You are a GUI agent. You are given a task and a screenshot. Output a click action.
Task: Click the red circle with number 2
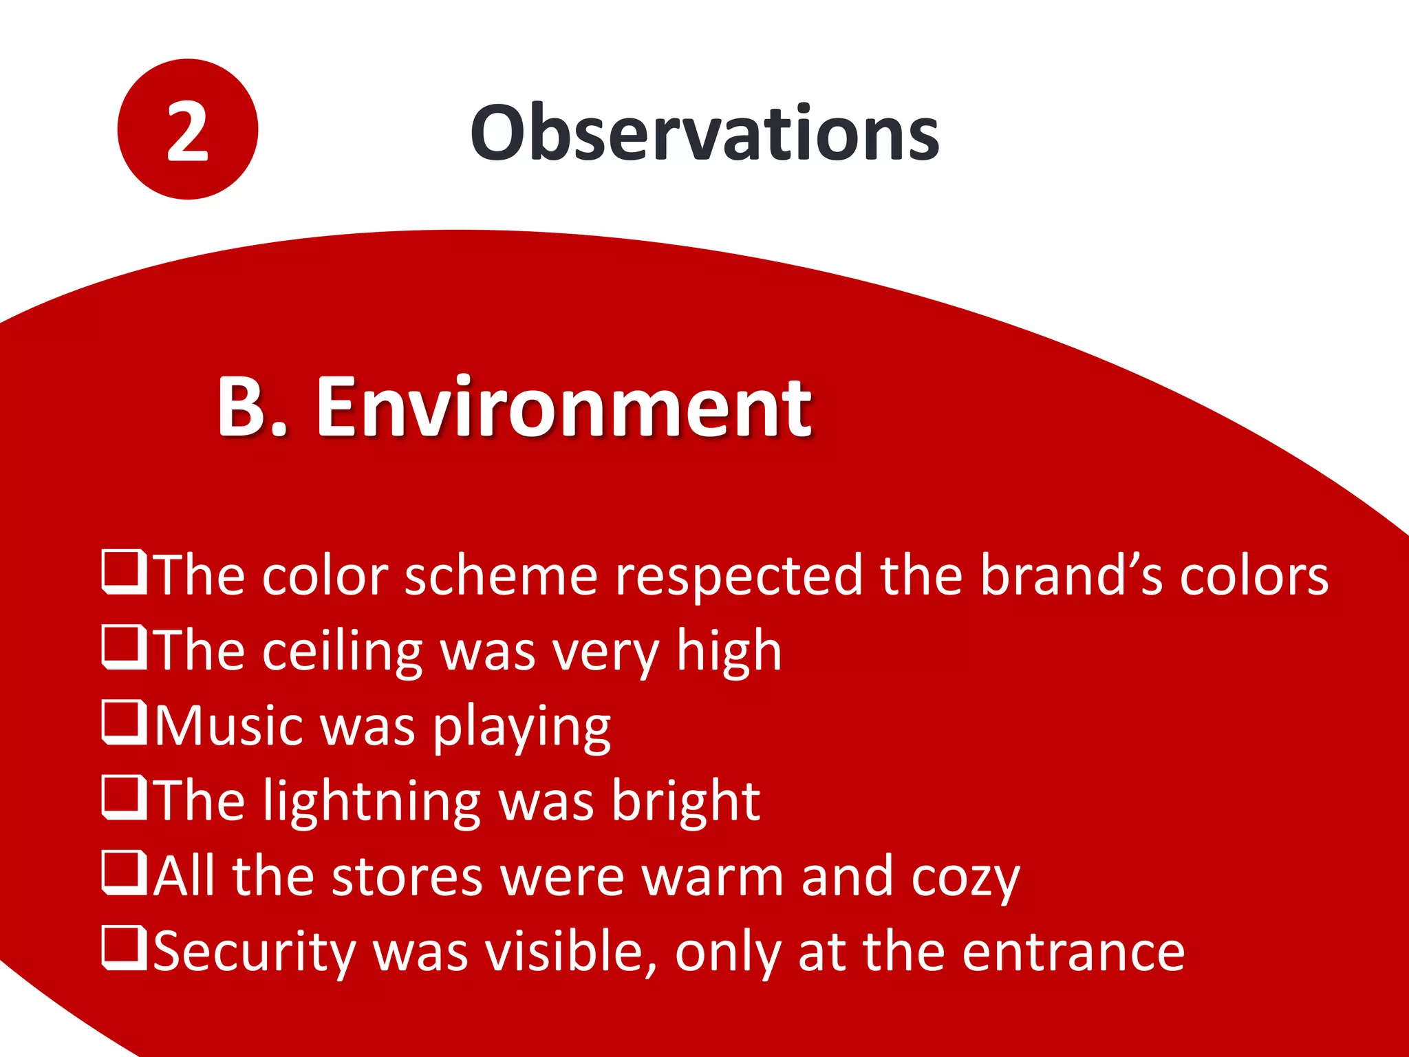click(187, 129)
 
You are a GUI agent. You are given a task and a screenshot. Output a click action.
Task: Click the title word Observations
click(704, 133)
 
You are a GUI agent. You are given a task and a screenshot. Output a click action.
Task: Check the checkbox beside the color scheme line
click(125, 572)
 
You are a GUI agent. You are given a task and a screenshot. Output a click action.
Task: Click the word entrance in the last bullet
click(1073, 953)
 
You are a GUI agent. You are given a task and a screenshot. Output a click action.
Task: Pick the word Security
click(254, 953)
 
